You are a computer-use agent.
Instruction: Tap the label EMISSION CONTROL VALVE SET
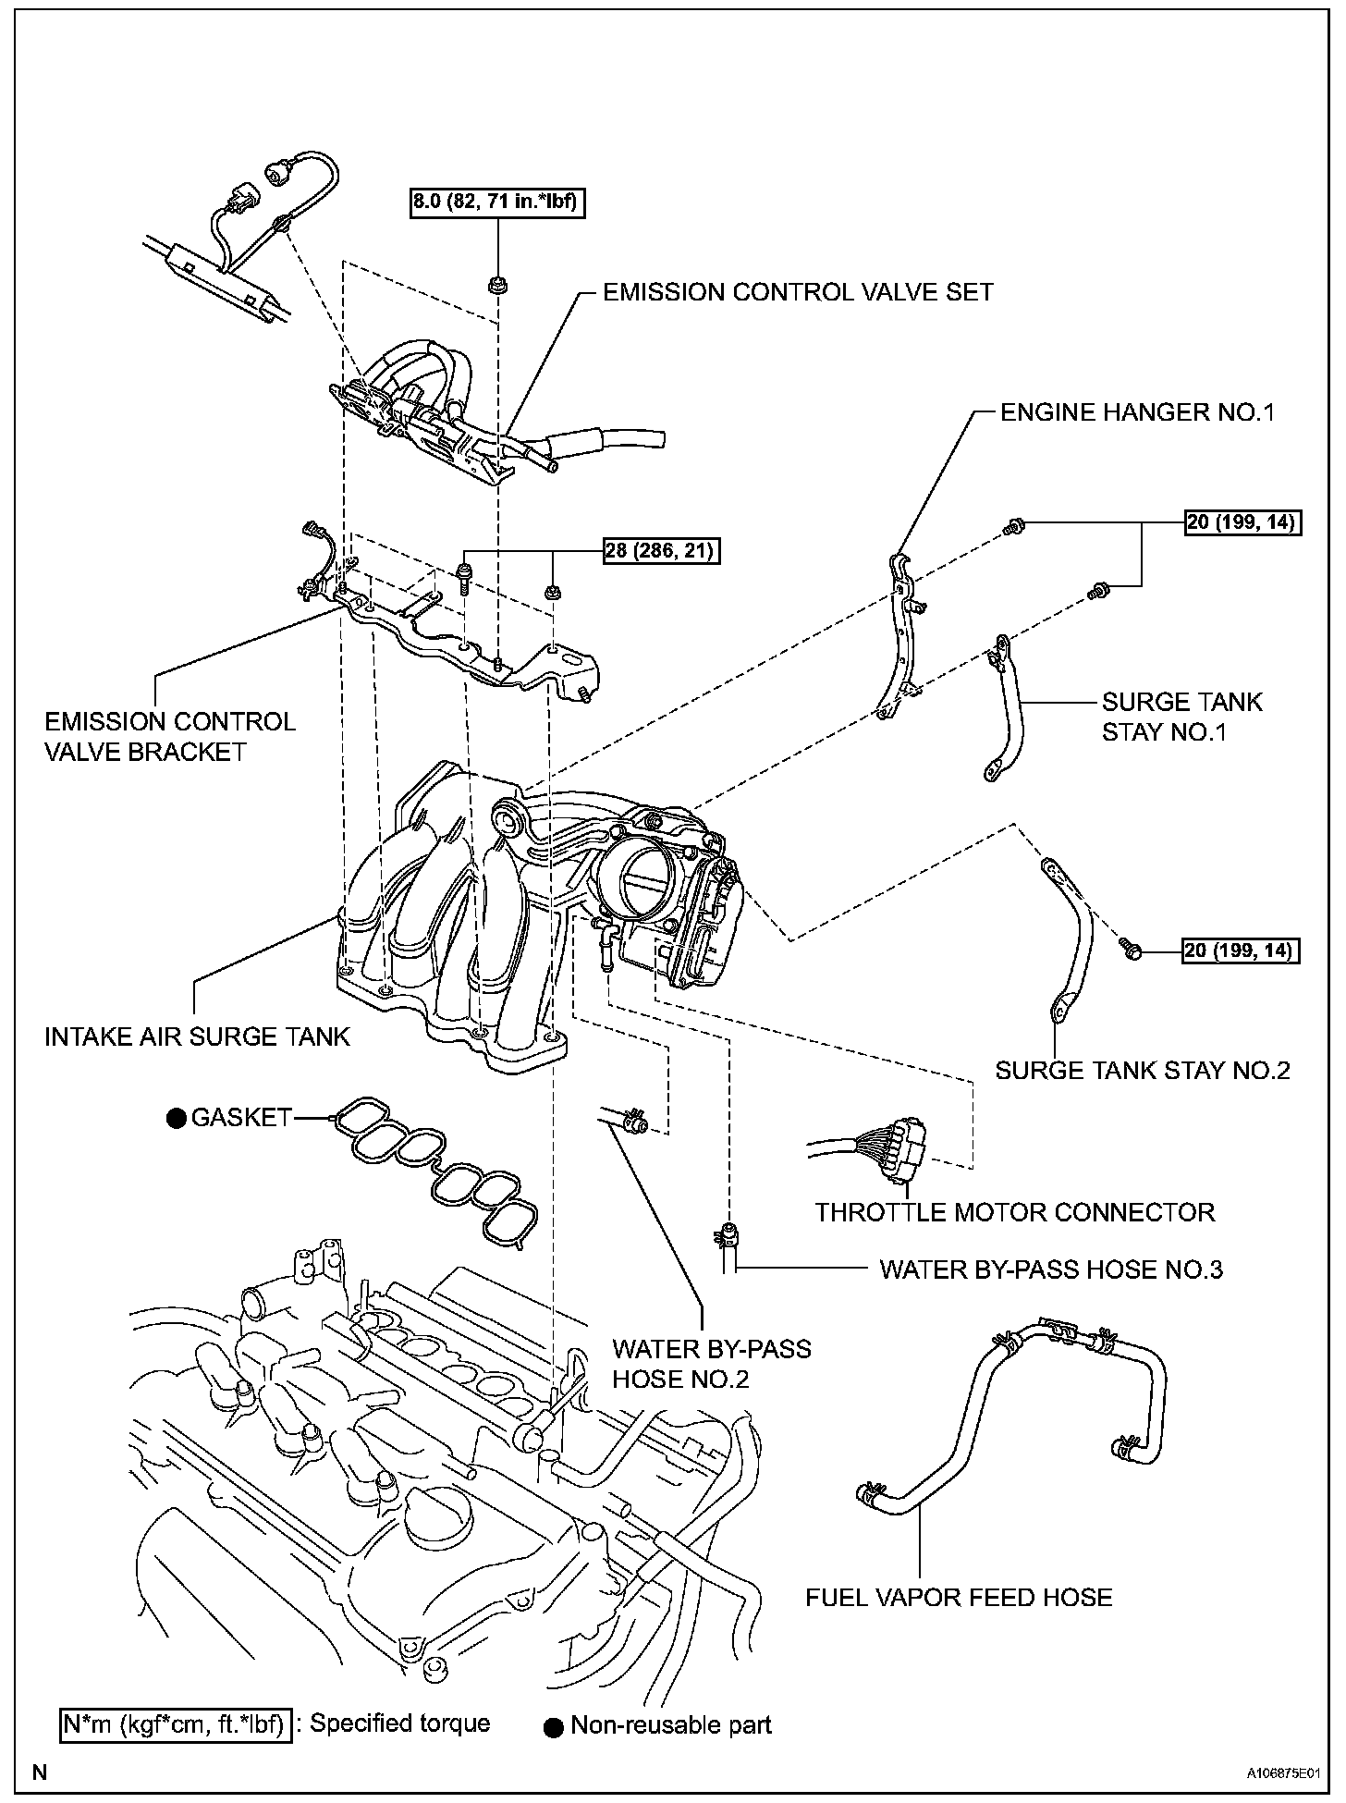click(798, 292)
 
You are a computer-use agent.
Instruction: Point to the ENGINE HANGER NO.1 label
click(1137, 412)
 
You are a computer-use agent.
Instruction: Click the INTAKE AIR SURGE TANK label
click(198, 1036)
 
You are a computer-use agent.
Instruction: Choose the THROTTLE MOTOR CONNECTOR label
click(1015, 1212)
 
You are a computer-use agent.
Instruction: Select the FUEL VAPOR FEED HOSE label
click(959, 1597)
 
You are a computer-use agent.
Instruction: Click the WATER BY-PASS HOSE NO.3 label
click(1051, 1269)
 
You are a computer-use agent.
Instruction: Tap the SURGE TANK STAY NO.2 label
click(1143, 1071)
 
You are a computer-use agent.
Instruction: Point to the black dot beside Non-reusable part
click(554, 1726)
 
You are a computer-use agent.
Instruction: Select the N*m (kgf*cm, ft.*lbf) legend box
click(176, 1724)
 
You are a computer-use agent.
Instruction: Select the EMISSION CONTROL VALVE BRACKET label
click(169, 736)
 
